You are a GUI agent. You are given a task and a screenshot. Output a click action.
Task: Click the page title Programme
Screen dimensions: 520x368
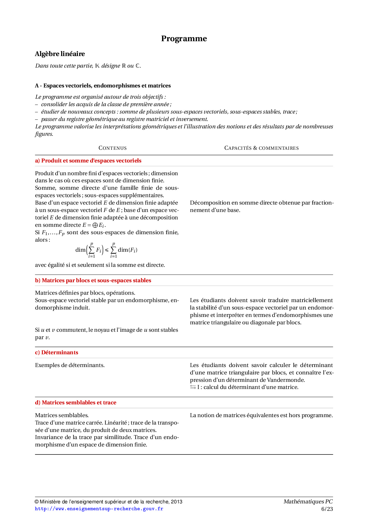coord(184,39)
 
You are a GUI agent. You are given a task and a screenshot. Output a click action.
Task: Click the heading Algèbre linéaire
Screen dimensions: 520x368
coord(60,54)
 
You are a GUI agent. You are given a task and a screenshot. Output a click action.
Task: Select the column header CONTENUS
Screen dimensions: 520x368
coord(112,148)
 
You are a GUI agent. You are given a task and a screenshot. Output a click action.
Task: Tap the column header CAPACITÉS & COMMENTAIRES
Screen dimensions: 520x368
coord(261,148)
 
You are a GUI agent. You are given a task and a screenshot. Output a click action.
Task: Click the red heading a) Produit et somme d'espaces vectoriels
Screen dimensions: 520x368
coord(88,161)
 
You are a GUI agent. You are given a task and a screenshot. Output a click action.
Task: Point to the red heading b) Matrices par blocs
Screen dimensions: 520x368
coord(93,280)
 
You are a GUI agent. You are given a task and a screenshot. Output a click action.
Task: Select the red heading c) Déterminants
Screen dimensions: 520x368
coord(57,352)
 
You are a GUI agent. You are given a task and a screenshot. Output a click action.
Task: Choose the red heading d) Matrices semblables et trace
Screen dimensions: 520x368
coord(76,403)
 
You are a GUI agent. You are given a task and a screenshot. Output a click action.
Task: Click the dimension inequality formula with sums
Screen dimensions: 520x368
coord(106,250)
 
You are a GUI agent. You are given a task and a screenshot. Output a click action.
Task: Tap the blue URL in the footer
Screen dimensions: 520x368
coord(99,509)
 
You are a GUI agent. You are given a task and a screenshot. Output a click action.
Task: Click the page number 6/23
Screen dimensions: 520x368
coord(327,509)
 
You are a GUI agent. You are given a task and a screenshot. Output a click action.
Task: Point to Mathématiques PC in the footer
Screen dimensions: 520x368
coord(308,502)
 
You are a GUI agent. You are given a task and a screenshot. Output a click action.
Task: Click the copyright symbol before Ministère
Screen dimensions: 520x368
coord(37,502)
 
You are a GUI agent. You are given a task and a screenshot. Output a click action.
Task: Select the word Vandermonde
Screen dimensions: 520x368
coord(285,380)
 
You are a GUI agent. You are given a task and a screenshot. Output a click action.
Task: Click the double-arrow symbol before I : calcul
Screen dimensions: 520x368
coord(193,387)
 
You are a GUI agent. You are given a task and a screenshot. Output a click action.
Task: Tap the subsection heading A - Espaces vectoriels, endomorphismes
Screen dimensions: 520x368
coord(103,86)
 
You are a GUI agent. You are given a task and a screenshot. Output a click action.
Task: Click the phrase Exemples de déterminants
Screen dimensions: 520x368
coord(70,365)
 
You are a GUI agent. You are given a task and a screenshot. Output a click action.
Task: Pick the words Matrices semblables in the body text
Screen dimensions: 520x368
coord(62,415)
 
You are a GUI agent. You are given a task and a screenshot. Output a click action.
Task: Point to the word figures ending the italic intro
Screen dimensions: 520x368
coord(44,134)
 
